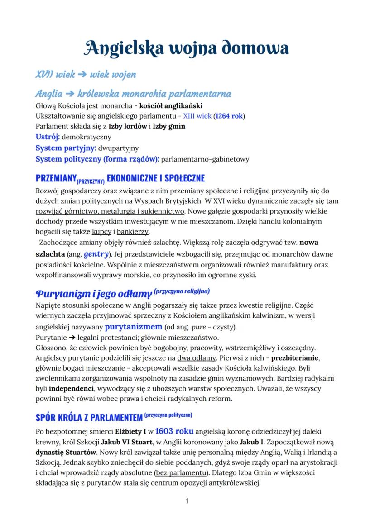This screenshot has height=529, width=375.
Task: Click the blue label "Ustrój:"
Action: click(x=48, y=136)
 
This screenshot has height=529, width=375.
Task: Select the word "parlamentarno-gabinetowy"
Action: click(x=205, y=159)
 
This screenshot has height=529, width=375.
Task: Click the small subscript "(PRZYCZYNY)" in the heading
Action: click(x=91, y=180)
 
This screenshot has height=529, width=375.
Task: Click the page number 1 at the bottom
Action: click(x=187, y=501)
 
